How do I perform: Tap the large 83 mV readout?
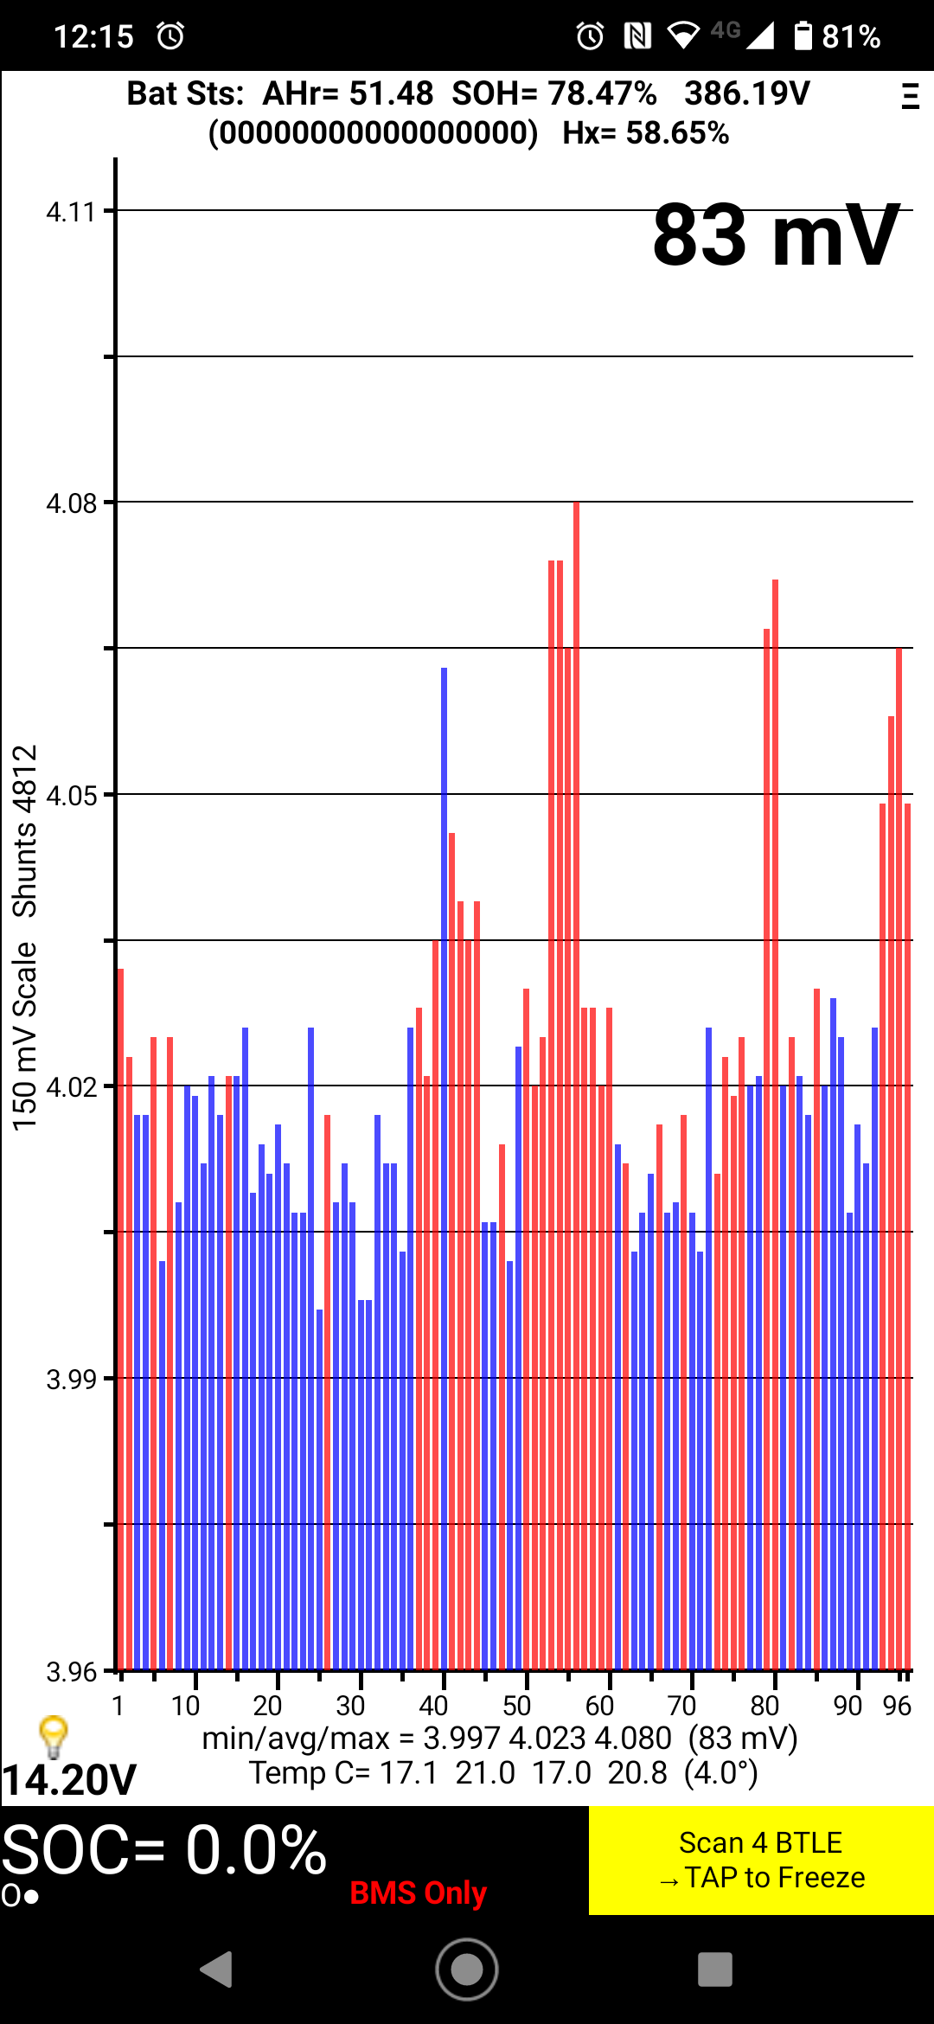click(776, 235)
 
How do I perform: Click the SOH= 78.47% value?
click(554, 93)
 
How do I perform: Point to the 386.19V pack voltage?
click(747, 93)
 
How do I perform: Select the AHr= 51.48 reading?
click(348, 93)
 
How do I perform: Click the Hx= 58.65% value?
click(645, 133)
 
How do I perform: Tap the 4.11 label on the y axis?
click(71, 212)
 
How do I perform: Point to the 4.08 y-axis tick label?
click(71, 503)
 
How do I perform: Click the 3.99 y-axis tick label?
click(71, 1380)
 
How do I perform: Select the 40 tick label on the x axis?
click(433, 1706)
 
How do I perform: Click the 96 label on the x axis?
click(897, 1706)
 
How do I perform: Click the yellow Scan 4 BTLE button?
click(761, 1860)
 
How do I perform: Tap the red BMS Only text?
click(419, 1893)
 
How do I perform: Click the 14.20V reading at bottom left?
click(69, 1780)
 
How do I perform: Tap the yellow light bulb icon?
click(54, 1735)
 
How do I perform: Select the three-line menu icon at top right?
click(910, 95)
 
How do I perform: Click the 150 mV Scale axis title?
click(24, 1036)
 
